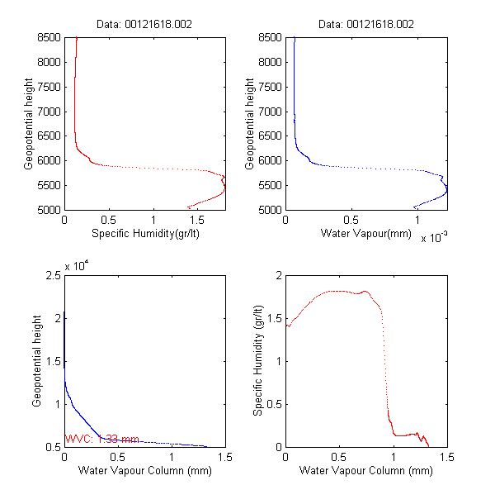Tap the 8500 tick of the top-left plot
47,37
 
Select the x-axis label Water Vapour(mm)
365,234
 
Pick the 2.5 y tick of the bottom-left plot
52,275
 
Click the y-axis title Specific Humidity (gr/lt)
258,360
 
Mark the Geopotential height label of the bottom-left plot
37,360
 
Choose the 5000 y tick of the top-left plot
47,210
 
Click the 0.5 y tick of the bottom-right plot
273,404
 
